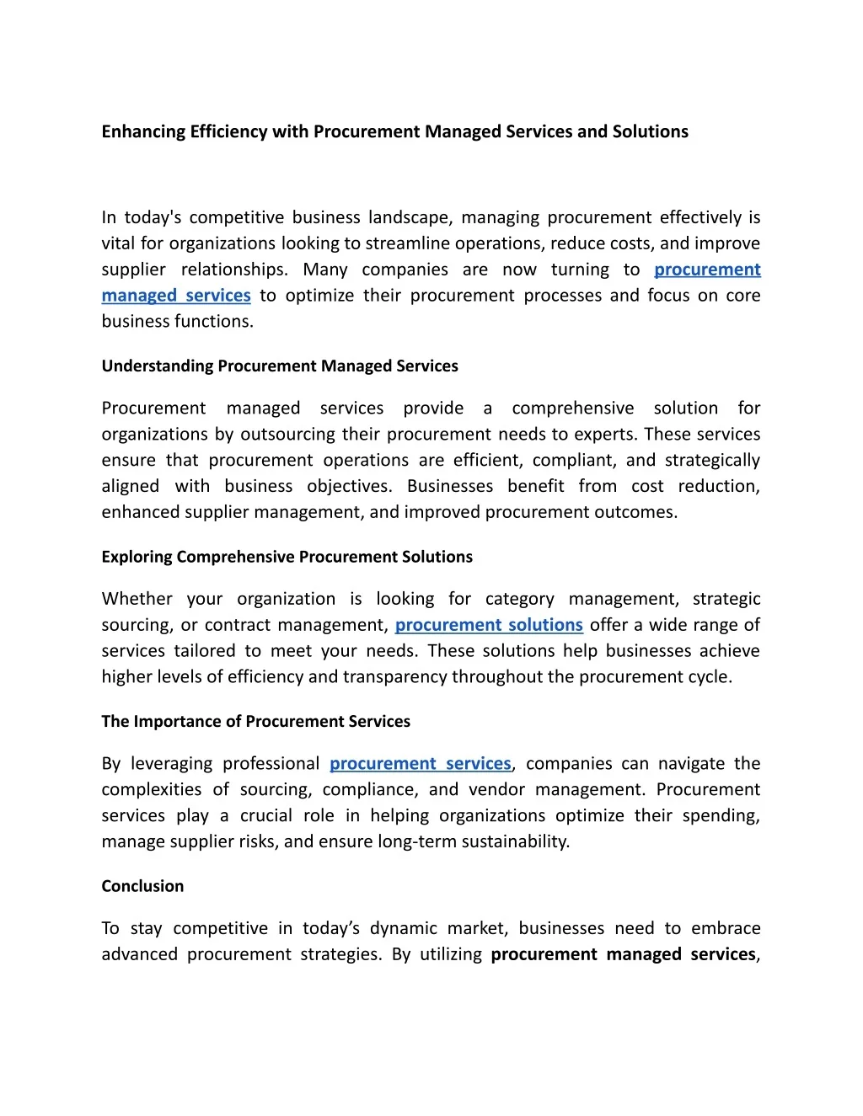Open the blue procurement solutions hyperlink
click(489, 625)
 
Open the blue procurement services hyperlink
click(420, 764)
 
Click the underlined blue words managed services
click(176, 296)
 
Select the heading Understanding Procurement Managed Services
click(280, 366)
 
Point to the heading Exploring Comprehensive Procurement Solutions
click(287, 557)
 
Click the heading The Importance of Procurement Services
click(255, 722)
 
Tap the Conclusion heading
click(142, 886)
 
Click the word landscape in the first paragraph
click(410, 218)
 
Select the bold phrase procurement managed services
click(624, 954)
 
